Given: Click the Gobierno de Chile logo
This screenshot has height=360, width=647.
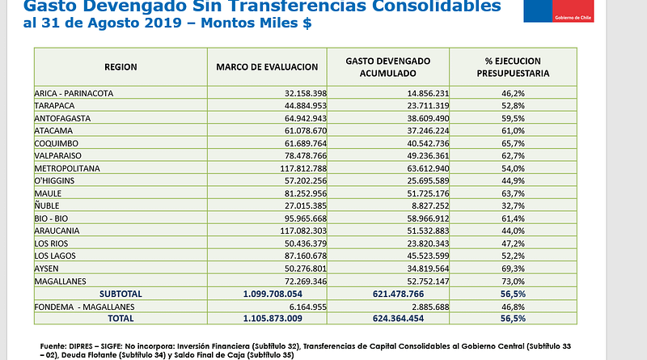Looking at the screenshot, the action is [x=559, y=11].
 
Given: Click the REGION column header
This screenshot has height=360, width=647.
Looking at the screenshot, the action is [x=121, y=67].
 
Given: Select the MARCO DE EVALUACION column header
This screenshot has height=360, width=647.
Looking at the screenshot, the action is [x=267, y=67].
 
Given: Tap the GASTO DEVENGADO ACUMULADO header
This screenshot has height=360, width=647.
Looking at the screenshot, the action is [x=388, y=67].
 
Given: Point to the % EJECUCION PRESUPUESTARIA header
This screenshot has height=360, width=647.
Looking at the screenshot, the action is [x=513, y=67].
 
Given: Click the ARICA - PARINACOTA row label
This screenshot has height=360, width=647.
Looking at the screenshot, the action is [x=74, y=93].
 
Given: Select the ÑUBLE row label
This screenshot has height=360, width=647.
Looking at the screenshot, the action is [x=47, y=205].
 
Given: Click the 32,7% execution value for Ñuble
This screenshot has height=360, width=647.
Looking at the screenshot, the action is [x=513, y=205].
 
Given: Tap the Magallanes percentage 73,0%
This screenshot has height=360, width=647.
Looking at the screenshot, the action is [x=513, y=282].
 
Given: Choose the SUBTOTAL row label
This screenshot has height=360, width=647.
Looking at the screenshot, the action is [x=121, y=294].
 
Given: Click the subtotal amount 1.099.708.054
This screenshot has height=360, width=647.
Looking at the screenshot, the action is [x=273, y=294].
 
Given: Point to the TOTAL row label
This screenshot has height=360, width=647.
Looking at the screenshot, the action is [x=121, y=318].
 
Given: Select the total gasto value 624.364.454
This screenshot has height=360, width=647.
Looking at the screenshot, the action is [x=398, y=318].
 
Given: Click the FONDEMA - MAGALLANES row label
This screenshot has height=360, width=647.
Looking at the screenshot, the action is [x=84, y=307].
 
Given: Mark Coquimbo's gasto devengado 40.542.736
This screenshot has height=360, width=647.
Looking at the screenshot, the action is [x=428, y=143].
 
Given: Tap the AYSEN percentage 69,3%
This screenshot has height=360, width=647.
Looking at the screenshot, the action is [x=513, y=269].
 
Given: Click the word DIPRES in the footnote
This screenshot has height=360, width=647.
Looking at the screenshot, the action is [x=82, y=346].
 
